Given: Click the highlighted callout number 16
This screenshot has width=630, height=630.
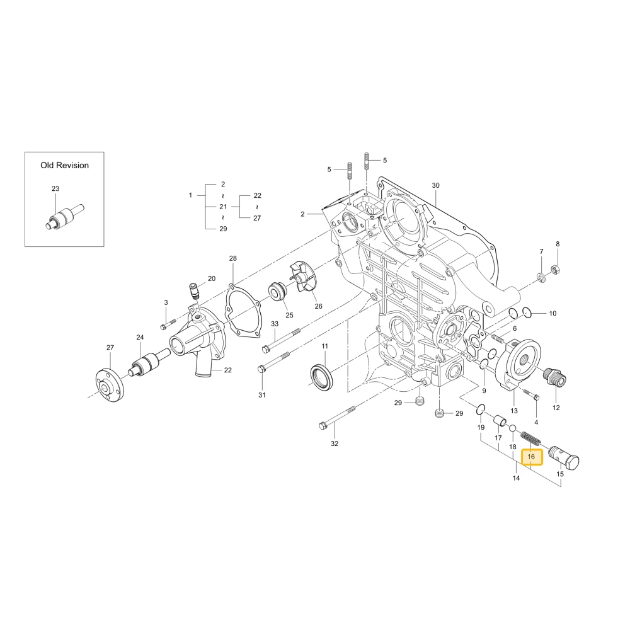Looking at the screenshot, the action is pyautogui.click(x=531, y=456).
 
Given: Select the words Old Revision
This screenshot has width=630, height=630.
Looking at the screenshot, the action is pyautogui.click(x=64, y=165).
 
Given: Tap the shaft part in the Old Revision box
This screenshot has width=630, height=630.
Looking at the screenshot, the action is pyautogui.click(x=64, y=217).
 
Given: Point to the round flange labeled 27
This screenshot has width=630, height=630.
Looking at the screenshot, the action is pyautogui.click(x=110, y=385).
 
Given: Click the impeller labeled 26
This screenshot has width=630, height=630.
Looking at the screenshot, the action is pyautogui.click(x=303, y=277).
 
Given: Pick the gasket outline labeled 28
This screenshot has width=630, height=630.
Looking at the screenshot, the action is pyautogui.click(x=243, y=309).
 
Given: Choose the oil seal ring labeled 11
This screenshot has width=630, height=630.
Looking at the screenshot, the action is pyautogui.click(x=322, y=377).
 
